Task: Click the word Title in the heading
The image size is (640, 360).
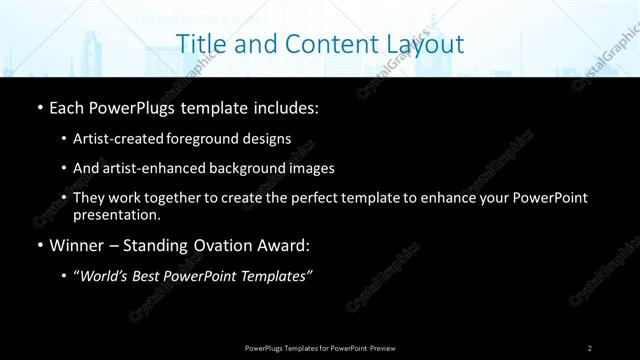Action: point(200,44)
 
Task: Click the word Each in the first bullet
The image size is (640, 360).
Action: point(68,108)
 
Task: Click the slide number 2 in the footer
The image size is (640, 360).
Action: point(589,347)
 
